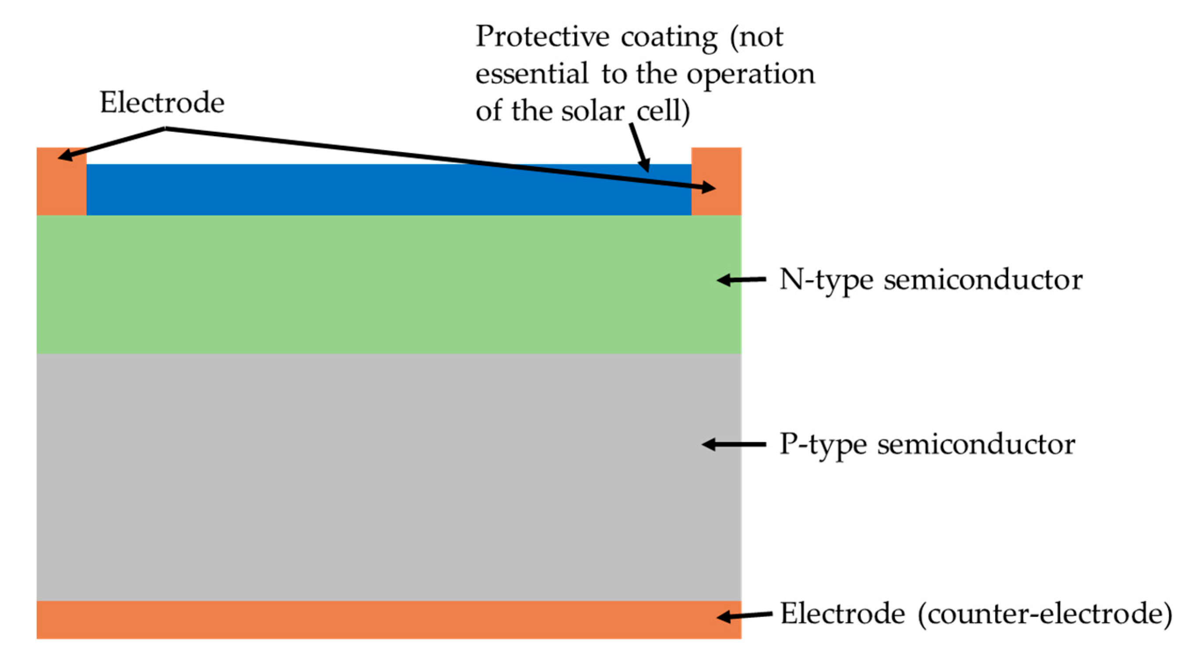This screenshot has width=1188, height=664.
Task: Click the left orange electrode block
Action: pyautogui.click(x=61, y=184)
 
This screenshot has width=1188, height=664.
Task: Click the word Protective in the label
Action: pyautogui.click(x=542, y=37)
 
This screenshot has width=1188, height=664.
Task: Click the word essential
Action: pyautogui.click(x=532, y=74)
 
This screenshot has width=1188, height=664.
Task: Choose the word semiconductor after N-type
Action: pyautogui.click(x=983, y=280)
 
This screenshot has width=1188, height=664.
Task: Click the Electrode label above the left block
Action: pyautogui.click(x=162, y=102)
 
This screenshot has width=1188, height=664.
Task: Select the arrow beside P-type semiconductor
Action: pyautogui.click(x=734, y=444)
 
